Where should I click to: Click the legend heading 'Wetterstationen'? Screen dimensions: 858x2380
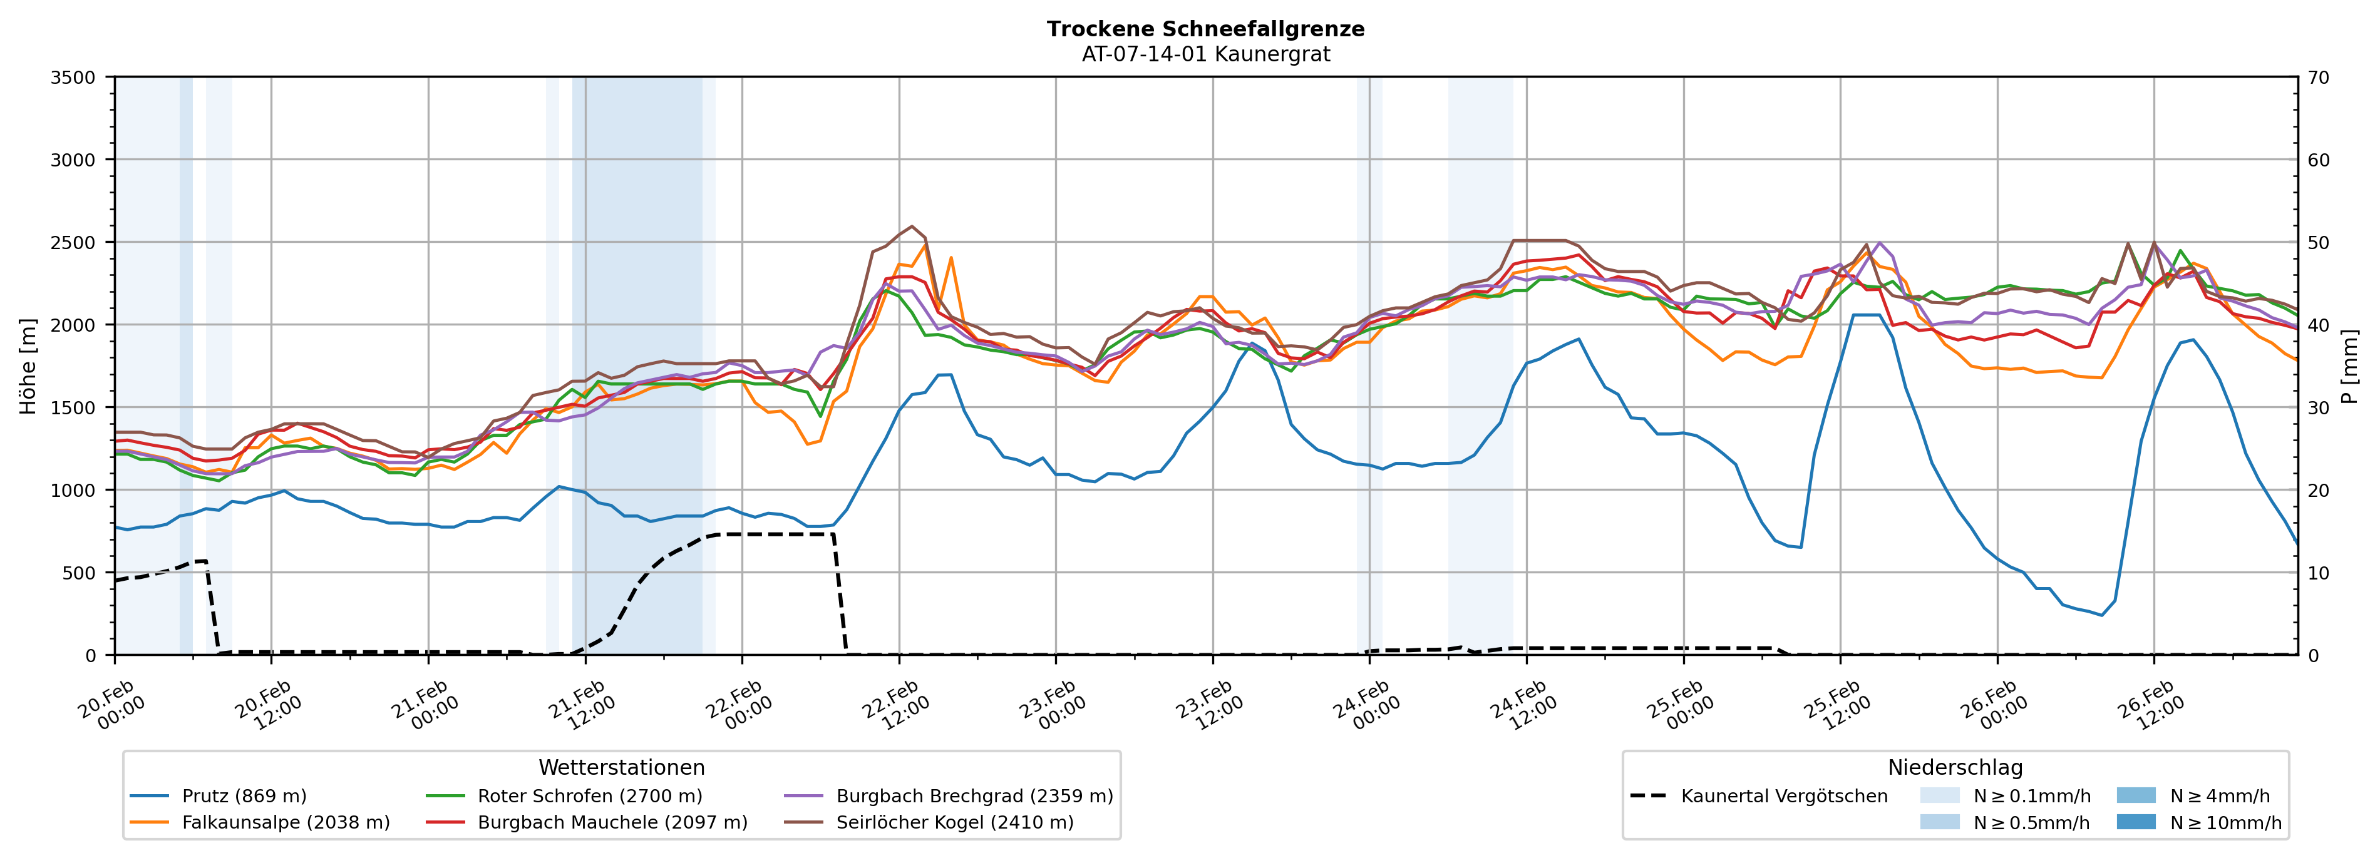click(x=621, y=767)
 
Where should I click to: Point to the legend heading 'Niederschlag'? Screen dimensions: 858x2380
click(x=1955, y=767)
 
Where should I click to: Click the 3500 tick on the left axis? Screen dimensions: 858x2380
click(x=73, y=78)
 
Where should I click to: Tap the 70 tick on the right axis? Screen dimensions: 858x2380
click(x=2318, y=78)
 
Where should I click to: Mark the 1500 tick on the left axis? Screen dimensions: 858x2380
click(x=73, y=407)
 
